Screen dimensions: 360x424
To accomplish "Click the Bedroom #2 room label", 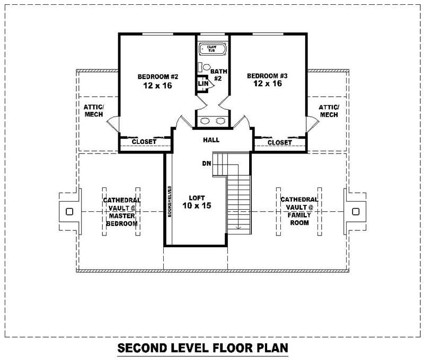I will point(157,80).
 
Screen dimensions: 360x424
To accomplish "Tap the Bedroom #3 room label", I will point(267,80).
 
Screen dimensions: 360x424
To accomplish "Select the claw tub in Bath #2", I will point(213,50).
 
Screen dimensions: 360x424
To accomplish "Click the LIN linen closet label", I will point(202,83).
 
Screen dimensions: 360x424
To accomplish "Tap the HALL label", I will point(211,140).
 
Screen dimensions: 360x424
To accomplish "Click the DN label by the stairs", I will point(207,163).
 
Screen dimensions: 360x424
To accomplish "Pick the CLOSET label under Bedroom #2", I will point(144,142).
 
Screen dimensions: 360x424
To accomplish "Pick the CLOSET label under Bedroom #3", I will point(279,142).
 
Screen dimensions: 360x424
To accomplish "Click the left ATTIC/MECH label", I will point(94,111).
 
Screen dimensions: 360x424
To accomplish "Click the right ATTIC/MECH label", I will point(329,111).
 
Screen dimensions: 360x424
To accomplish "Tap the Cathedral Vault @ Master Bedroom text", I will point(121,212).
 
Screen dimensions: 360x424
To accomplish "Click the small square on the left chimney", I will point(69,212).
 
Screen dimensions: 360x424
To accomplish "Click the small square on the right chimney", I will point(355,212).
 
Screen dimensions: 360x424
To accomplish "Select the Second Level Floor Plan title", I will point(202,348).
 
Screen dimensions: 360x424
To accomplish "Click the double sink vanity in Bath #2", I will point(213,121).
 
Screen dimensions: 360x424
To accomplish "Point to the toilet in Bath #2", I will point(207,68).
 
